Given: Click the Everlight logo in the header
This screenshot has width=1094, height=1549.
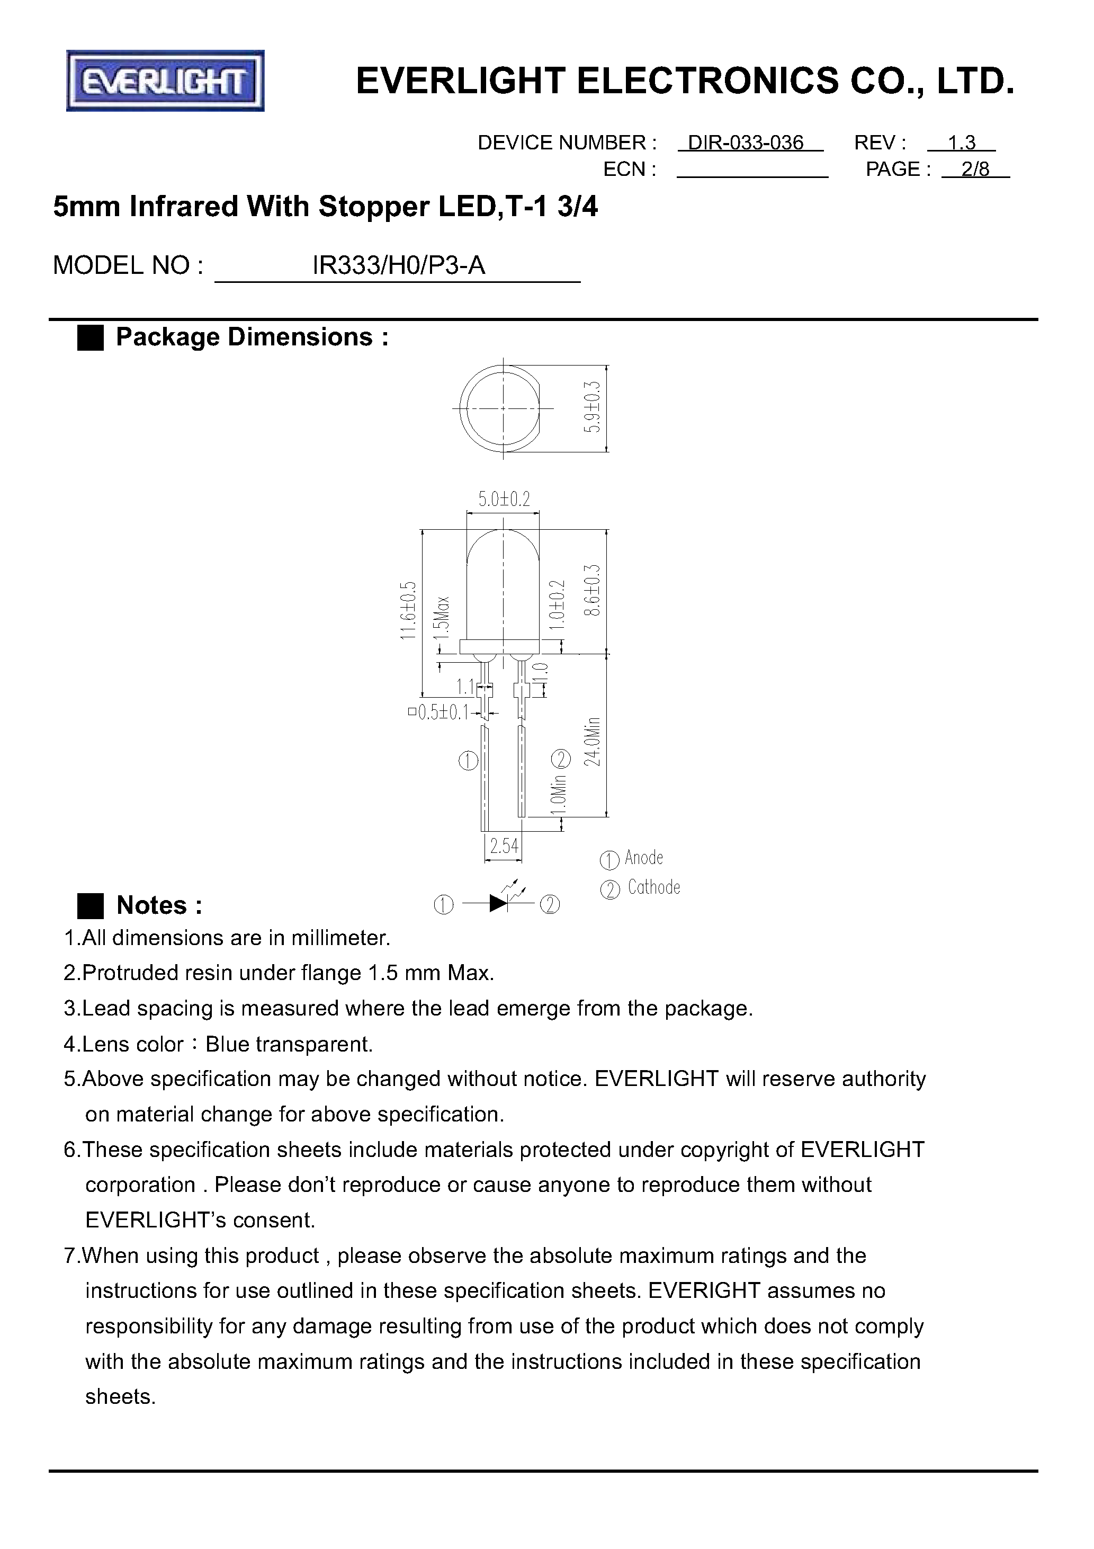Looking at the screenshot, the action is tap(165, 81).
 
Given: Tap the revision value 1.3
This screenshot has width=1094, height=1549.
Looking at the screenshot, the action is tap(961, 143).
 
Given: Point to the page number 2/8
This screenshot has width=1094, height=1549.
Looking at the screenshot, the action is tap(975, 170).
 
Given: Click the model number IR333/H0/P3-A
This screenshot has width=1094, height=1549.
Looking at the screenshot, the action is tap(399, 266).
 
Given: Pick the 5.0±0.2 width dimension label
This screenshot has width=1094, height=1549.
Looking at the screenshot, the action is tap(504, 499).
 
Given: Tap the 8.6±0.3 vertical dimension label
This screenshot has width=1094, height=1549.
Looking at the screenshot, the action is tap(592, 590).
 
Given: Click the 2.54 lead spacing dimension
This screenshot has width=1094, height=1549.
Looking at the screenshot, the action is tap(504, 846).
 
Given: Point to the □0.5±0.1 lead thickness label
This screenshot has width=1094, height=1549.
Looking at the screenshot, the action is tap(438, 713).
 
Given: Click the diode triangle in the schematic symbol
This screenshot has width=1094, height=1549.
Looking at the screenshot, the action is tap(498, 904).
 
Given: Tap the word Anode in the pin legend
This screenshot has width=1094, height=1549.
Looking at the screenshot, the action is tap(644, 858).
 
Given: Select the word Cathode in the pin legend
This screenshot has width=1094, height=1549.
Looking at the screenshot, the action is tap(653, 888).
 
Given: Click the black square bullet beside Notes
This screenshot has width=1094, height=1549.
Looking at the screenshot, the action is tap(91, 905).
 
